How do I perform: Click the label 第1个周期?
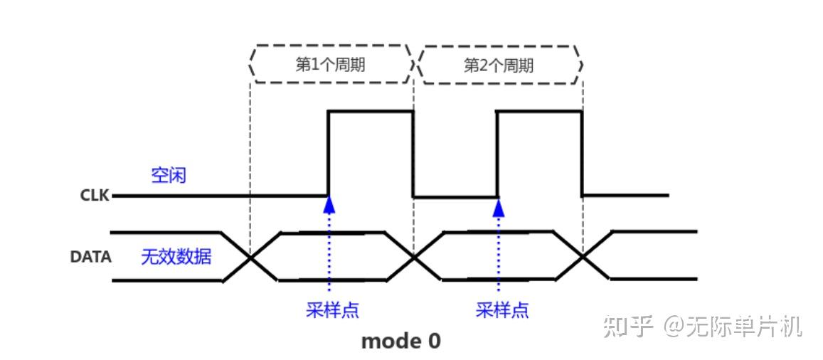pyautogui.click(x=330, y=65)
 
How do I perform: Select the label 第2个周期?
pyautogui.click(x=499, y=65)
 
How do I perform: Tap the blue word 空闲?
pyautogui.click(x=169, y=175)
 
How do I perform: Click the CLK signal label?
pyautogui.click(x=94, y=196)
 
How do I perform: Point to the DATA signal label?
pyautogui.click(x=90, y=257)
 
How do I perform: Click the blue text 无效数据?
pyautogui.click(x=176, y=257)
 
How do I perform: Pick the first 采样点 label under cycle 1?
pyautogui.click(x=332, y=310)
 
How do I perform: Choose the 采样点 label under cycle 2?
pyautogui.click(x=502, y=310)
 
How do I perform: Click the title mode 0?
pyautogui.click(x=400, y=342)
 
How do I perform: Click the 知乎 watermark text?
pyautogui.click(x=627, y=327)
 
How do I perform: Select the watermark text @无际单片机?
pyautogui.click(x=733, y=327)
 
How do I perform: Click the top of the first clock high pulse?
pyautogui.click(x=370, y=111)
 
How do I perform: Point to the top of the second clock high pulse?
pyautogui.click(x=540, y=111)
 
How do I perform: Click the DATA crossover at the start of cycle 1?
pyautogui.click(x=251, y=256)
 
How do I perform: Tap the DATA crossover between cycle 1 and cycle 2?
pyautogui.click(x=414, y=256)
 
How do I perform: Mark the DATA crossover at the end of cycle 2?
pyautogui.click(x=583, y=256)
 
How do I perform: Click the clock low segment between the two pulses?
pyautogui.click(x=455, y=196)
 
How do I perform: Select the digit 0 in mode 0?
pyautogui.click(x=433, y=342)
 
